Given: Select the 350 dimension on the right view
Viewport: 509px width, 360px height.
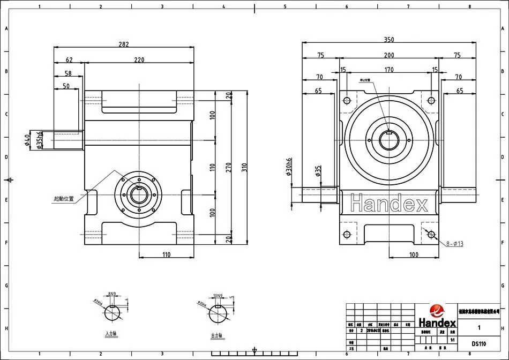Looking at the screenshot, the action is pyautogui.click(x=389, y=40).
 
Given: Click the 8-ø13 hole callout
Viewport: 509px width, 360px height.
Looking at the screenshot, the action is pyautogui.click(x=453, y=244).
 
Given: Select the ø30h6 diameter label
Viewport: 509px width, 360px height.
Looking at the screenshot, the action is pyautogui.click(x=289, y=167).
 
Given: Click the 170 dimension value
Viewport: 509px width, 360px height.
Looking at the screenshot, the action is pyautogui.click(x=389, y=70).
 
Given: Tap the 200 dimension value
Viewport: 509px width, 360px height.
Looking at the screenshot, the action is pyautogui.click(x=389, y=55).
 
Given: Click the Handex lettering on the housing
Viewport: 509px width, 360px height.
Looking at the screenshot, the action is pyautogui.click(x=388, y=204).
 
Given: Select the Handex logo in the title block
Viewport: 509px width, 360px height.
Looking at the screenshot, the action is pyautogui.click(x=437, y=317).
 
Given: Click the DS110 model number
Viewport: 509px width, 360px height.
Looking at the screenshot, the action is pyautogui.click(x=479, y=343).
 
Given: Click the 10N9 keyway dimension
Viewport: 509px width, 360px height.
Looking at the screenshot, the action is pyautogui.click(x=217, y=295).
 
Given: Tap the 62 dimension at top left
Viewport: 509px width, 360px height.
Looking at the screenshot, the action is pyautogui.click(x=69, y=60).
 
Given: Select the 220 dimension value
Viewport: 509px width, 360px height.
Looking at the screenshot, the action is pyautogui.click(x=139, y=60).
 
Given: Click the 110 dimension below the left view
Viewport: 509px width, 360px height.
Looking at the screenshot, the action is pyautogui.click(x=166, y=254).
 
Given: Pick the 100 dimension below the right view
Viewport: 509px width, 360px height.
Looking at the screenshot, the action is pyautogui.click(x=414, y=254).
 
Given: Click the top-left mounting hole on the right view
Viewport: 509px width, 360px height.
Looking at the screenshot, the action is pyautogui.click(x=346, y=100).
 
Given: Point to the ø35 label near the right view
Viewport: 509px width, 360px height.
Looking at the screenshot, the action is pyautogui.click(x=318, y=171).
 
